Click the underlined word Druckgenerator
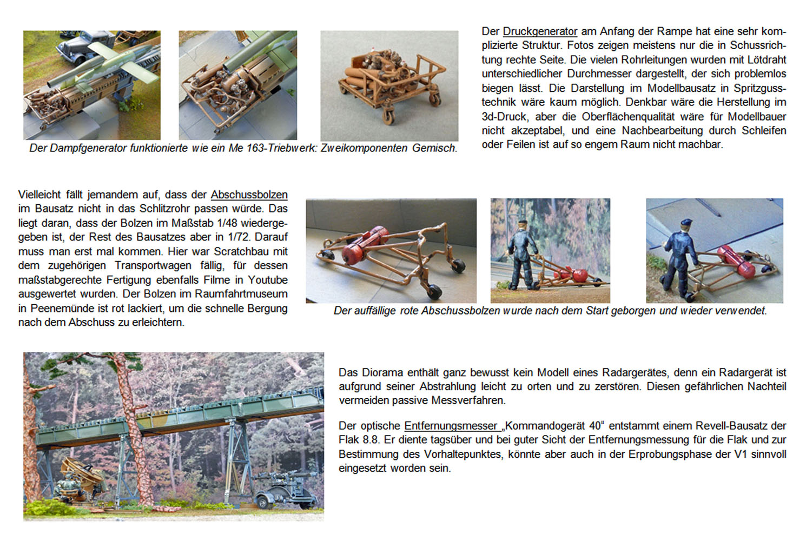click(540, 32)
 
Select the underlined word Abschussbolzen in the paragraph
click(249, 195)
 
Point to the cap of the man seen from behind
click(686, 222)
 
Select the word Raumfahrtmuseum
click(241, 294)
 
